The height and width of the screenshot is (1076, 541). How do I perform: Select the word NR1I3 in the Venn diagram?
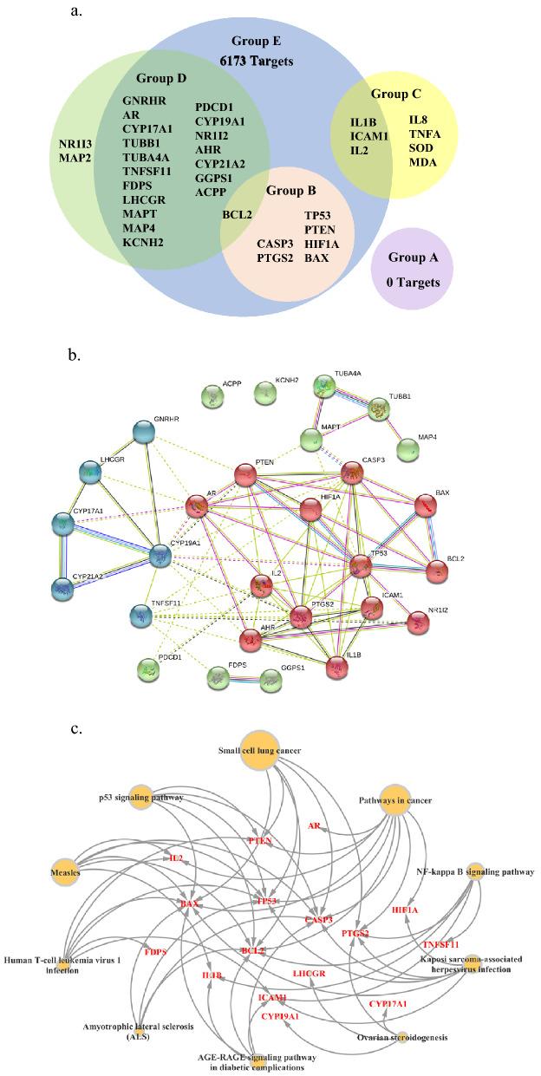pos(74,142)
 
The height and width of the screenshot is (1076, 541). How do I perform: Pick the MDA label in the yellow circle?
pos(422,162)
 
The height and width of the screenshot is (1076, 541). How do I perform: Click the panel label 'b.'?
pos(75,355)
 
